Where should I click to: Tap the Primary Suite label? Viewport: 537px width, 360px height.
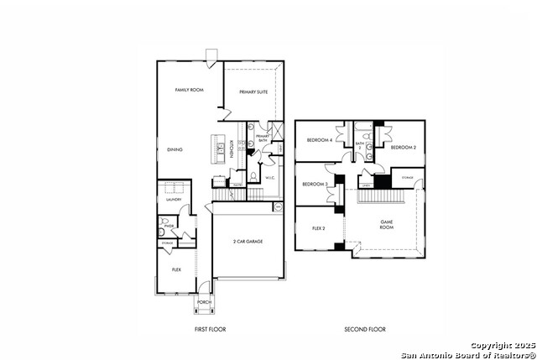253,91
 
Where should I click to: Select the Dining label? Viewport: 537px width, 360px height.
175,149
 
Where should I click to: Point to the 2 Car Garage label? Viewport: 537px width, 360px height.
248,241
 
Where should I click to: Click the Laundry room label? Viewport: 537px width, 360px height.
174,200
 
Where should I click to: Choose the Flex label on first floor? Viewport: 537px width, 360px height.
176,269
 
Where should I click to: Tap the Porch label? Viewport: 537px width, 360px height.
204,302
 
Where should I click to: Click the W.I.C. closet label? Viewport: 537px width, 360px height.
270,178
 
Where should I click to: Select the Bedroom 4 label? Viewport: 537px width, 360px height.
319,139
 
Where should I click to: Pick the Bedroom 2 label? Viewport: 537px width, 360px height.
404,147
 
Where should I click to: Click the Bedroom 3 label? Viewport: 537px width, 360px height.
315,184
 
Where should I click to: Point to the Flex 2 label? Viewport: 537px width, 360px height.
319,227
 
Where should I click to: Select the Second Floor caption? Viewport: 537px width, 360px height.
365,329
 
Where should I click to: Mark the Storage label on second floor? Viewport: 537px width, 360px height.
407,178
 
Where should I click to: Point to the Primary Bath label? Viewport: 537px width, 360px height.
262,138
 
